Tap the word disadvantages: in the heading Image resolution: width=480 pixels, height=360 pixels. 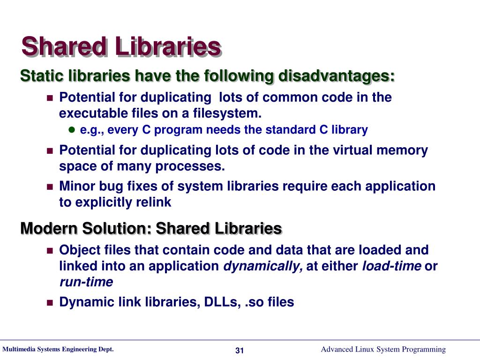coord(337,76)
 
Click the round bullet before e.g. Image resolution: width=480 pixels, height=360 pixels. coord(72,130)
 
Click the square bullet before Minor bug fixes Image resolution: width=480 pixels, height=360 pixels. coord(50,187)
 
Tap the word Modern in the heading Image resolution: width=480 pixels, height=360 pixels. coord(49,229)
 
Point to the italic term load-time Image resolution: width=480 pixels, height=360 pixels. coord(391,266)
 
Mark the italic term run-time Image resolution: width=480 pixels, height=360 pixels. coord(86,282)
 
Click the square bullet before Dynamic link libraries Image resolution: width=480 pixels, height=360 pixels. coord(50,303)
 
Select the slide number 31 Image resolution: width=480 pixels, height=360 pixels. coord(240,351)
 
